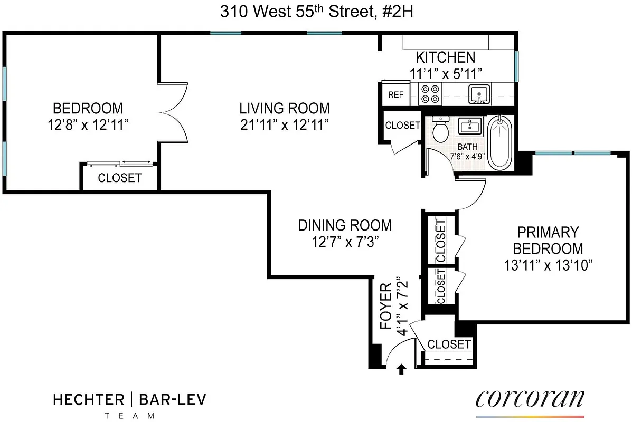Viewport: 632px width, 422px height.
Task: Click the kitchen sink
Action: pos(479,94)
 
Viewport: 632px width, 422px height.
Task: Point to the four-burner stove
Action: pos(429,94)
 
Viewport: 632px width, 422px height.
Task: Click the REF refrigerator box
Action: pos(395,95)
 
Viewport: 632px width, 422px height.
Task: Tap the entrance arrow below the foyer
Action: pos(401,369)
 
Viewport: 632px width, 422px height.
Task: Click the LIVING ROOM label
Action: pos(285,109)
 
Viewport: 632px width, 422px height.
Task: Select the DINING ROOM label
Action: pos(345,225)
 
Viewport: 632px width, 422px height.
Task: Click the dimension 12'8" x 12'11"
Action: pos(88,124)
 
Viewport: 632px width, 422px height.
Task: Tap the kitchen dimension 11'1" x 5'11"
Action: pos(446,73)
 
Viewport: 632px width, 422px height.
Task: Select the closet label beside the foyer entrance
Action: pos(449,344)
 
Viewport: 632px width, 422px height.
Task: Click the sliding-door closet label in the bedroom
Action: pos(119,178)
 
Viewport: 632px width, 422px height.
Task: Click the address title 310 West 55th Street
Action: pos(316,12)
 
